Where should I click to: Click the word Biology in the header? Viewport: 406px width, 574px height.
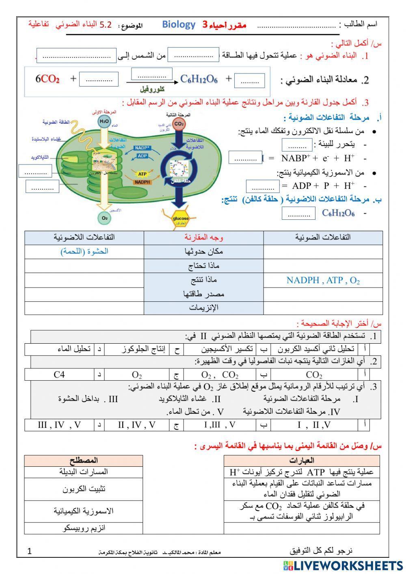click(x=179, y=24)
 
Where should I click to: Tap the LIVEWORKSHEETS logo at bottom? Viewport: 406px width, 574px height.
click(x=343, y=565)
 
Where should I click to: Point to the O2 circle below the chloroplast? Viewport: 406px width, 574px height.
click(x=104, y=218)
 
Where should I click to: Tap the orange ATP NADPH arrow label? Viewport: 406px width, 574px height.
click(x=142, y=178)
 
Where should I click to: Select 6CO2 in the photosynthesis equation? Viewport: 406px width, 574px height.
click(x=48, y=79)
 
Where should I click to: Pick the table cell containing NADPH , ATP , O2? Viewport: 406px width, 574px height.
click(x=323, y=280)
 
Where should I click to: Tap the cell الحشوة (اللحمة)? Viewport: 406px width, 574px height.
click(x=84, y=251)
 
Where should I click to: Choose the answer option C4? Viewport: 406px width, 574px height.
click(x=59, y=374)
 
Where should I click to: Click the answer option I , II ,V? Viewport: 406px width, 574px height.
click(x=314, y=425)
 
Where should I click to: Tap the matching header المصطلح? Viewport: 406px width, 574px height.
click(x=83, y=461)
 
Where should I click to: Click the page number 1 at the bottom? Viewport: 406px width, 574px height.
click(x=29, y=551)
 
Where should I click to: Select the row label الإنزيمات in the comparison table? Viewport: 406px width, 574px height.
click(x=204, y=308)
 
